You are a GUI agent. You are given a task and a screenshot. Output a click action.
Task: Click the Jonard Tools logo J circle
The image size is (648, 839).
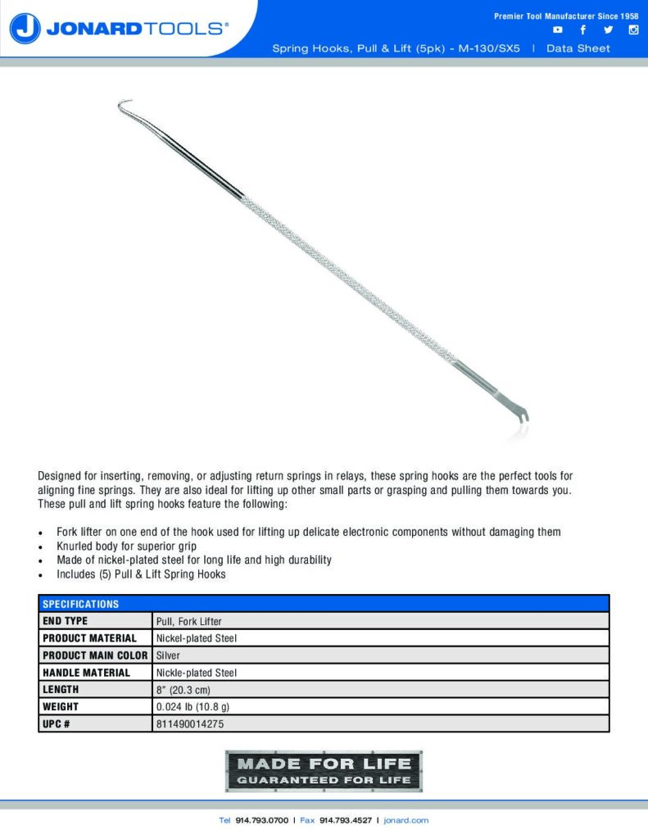(25, 29)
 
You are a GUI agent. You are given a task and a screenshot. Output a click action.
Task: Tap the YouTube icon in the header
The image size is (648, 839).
(558, 30)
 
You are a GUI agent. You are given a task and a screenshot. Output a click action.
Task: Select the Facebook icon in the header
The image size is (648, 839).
(582, 30)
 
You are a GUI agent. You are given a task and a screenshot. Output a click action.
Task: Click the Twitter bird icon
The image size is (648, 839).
(608, 30)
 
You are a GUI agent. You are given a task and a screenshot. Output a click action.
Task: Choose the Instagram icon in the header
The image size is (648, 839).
(632, 30)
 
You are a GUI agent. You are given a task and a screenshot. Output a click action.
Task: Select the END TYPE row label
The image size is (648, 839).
(65, 621)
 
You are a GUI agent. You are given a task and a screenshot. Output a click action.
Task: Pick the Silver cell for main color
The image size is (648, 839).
(168, 655)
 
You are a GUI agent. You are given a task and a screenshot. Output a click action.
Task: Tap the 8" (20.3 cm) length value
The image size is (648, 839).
(183, 690)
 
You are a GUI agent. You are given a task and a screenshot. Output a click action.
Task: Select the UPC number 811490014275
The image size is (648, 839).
(189, 723)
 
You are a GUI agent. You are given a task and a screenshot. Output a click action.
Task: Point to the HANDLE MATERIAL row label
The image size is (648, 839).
(86, 673)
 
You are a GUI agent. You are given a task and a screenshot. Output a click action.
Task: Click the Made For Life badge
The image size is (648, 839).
(324, 771)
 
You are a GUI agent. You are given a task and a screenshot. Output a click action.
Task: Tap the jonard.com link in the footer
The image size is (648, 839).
(406, 820)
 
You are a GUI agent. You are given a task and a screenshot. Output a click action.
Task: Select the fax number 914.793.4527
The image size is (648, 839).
(345, 820)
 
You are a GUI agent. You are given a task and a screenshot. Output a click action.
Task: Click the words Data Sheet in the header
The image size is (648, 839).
(578, 48)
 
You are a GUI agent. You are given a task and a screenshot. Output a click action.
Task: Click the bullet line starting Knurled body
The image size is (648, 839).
(126, 546)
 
